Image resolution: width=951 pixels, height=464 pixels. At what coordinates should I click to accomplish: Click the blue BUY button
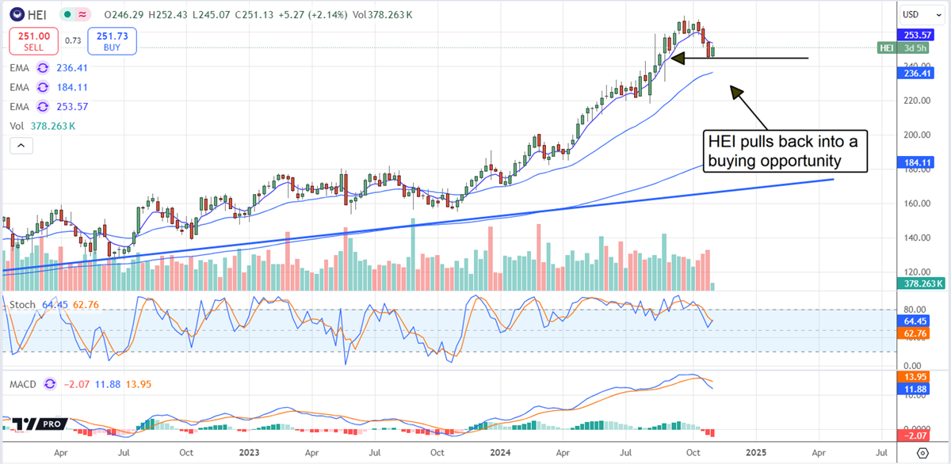point(113,40)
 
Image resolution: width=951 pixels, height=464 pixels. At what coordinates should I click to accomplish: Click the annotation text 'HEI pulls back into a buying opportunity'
point(786,151)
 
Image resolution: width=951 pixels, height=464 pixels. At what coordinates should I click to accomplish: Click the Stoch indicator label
point(21,304)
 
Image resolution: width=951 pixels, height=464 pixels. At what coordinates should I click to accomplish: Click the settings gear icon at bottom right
point(922,452)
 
